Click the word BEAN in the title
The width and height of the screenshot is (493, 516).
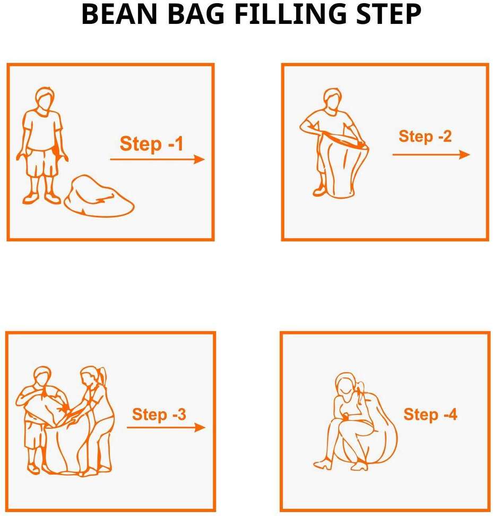click(x=119, y=14)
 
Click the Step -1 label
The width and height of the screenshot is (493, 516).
click(x=151, y=144)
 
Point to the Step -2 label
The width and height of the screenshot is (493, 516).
click(x=425, y=136)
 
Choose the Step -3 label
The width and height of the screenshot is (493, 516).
click(x=159, y=414)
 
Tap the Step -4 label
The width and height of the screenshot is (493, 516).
click(x=430, y=414)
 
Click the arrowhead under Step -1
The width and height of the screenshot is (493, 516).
click(x=199, y=159)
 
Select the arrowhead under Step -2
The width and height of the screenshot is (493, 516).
click(x=464, y=154)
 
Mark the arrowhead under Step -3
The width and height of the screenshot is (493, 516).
click(x=200, y=427)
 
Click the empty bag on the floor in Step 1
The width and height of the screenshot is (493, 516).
click(x=99, y=196)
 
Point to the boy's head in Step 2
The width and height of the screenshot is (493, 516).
click(x=333, y=100)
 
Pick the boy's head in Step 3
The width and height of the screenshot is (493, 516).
click(x=42, y=377)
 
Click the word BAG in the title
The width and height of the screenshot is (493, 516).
click(x=196, y=14)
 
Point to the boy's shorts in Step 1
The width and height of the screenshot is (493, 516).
click(x=42, y=163)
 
